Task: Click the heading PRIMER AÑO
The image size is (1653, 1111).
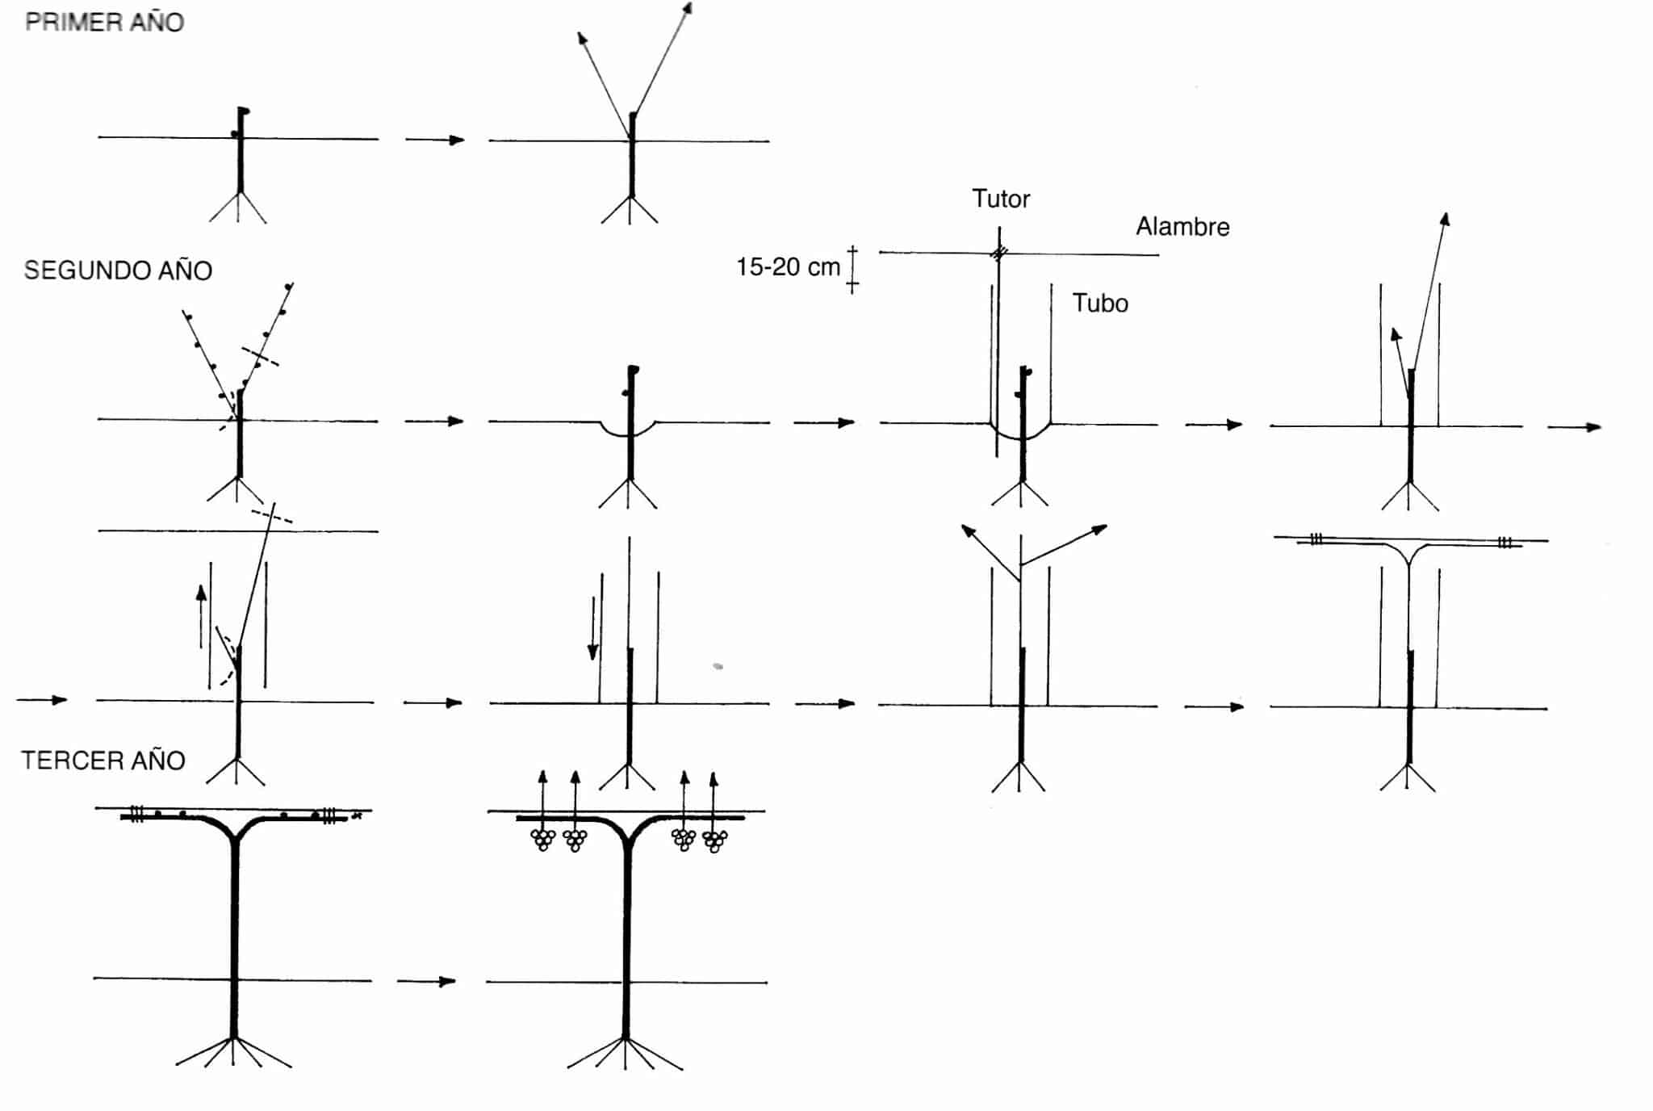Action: (x=105, y=22)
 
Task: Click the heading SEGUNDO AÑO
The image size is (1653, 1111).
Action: (x=118, y=270)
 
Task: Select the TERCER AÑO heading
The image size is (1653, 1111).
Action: (x=103, y=761)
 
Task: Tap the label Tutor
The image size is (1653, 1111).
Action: (x=1001, y=199)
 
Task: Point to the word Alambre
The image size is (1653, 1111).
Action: (x=1182, y=227)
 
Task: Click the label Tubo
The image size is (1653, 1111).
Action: (x=1100, y=304)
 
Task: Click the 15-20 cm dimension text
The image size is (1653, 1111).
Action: (x=788, y=267)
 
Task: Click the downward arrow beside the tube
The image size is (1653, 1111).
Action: (x=593, y=628)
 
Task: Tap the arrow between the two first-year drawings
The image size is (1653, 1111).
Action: (x=435, y=140)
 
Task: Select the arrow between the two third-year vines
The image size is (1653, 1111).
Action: (x=427, y=981)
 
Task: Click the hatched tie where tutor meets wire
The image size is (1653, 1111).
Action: (x=999, y=254)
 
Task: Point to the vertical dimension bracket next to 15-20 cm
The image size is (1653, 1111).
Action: (x=852, y=270)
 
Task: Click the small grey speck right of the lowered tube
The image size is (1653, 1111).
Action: (x=718, y=667)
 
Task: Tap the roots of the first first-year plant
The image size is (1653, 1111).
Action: (x=238, y=208)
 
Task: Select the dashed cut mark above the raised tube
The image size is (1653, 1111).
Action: (x=272, y=516)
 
